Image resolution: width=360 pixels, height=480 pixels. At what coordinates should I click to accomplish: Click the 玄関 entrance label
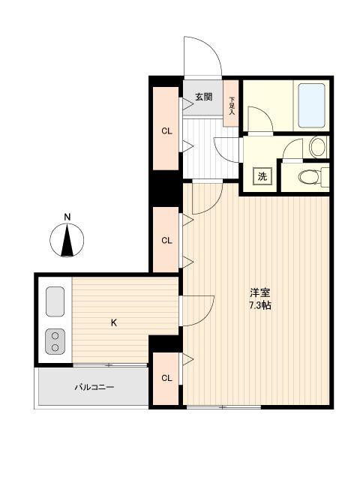coord(204,97)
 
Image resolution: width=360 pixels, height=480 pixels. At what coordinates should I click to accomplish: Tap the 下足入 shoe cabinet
coord(231,103)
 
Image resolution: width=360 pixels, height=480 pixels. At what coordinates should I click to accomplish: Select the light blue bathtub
coord(311,106)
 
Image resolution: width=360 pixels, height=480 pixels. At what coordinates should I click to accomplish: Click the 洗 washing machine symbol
coord(262,176)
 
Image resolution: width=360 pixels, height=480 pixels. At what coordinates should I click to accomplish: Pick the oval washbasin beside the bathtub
coord(318,147)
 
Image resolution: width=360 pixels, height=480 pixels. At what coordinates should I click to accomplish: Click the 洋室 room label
coord(260,293)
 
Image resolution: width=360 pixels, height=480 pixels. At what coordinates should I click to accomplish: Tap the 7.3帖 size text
coord(260,305)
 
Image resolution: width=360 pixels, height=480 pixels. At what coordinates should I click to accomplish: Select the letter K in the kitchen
coord(114,322)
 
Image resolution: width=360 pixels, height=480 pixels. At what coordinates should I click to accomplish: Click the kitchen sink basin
coord(55,301)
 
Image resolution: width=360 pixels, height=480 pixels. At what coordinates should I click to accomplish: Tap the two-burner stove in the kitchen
coord(55,342)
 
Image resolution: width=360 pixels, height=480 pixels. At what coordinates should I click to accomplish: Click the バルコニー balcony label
coord(94,387)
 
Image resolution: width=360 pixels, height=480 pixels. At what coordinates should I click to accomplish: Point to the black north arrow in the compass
coord(67,240)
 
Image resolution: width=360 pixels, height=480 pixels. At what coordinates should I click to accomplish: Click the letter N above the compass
coord(67,217)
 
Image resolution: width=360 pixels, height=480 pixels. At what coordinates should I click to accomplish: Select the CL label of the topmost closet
coord(166,131)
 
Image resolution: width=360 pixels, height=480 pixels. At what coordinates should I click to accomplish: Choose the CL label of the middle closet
coord(166,240)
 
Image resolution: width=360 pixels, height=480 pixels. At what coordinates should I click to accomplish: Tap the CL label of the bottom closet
coord(166,378)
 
